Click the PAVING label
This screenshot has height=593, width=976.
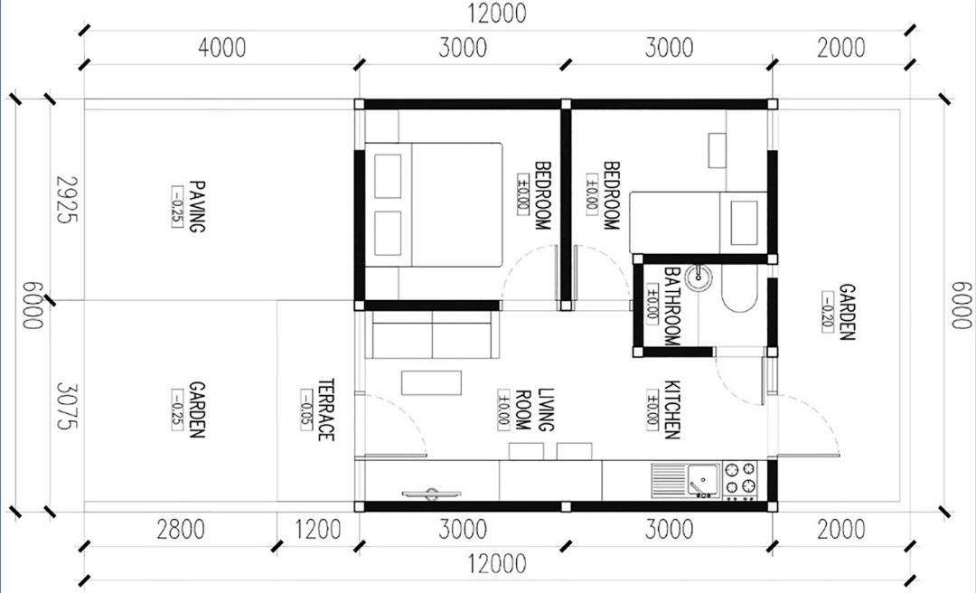197,206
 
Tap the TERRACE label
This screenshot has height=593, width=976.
325,409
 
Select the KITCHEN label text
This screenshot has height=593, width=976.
671,409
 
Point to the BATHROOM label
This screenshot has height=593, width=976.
671,306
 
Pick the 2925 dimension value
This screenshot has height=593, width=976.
66,200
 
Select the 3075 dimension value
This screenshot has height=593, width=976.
66,406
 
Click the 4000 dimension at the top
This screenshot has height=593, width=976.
222,48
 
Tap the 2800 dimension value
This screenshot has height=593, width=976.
181,530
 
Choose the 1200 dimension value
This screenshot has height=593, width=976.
317,530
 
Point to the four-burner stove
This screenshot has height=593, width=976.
741,480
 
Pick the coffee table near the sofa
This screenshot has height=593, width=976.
431,382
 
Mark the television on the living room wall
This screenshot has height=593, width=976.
431,494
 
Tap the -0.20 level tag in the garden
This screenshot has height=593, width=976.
828,312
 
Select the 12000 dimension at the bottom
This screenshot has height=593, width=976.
497,564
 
